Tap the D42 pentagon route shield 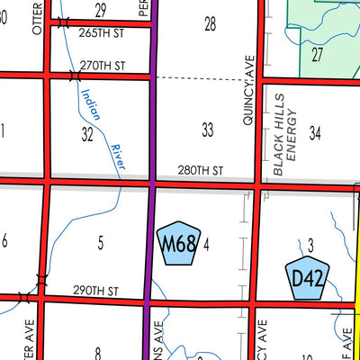(306, 278)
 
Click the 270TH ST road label (101, 67)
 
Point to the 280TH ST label (200, 170)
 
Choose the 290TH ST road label (96, 291)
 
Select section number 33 (208, 130)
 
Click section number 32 (86, 135)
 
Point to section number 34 (315, 133)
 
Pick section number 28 (210, 23)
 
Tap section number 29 (100, 9)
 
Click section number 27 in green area (317, 54)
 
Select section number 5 (100, 241)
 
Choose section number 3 (309, 244)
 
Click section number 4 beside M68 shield (206, 243)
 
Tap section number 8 (97, 352)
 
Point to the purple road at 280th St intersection (152, 183)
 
